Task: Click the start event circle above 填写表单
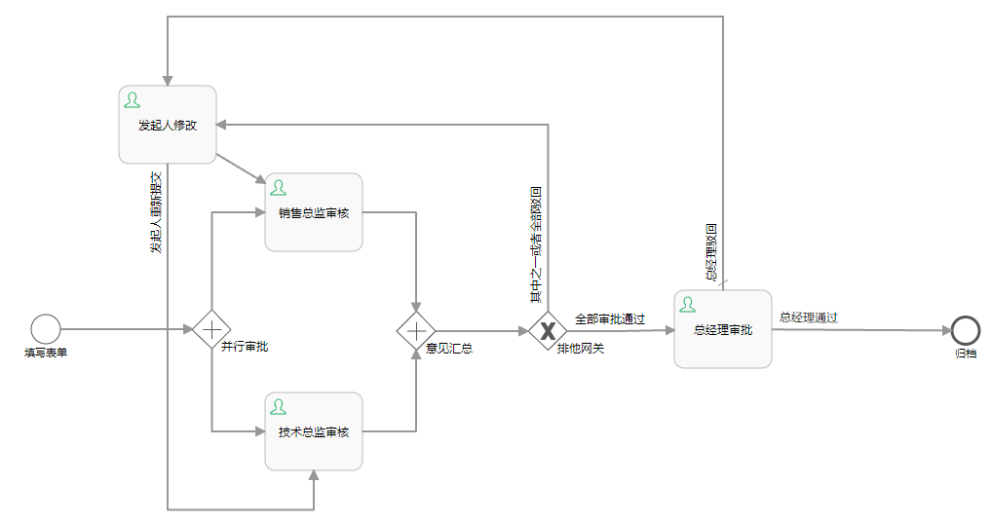pos(46,329)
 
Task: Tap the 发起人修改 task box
pos(167,125)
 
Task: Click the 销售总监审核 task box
pos(314,212)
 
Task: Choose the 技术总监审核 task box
pos(314,431)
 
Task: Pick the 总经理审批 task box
pos(723,329)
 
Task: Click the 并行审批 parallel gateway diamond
pos(211,329)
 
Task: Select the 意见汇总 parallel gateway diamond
pos(416,329)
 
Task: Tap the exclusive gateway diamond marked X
pos(548,330)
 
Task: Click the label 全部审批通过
pos(610,318)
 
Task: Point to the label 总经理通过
pos(809,317)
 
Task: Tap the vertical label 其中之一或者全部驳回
pos(536,243)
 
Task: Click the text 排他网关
pos(581,348)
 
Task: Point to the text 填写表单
pos(46,353)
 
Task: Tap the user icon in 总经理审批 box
pos(688,305)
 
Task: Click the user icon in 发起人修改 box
pos(133,100)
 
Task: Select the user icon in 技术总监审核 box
pos(279,406)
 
